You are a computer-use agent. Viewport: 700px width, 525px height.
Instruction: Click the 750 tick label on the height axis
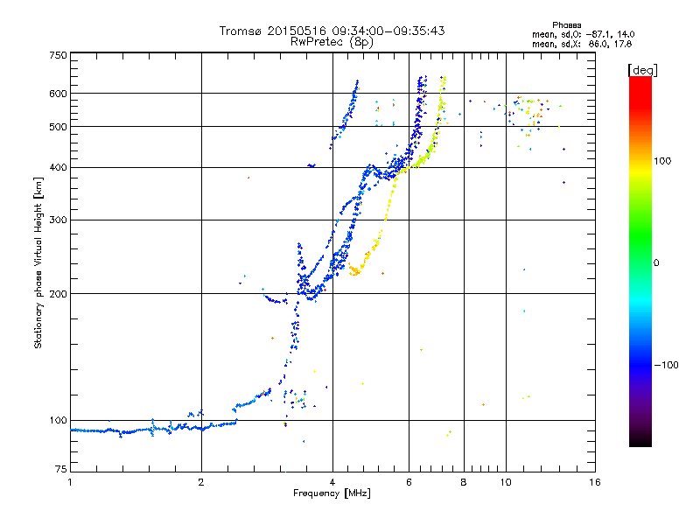click(x=58, y=54)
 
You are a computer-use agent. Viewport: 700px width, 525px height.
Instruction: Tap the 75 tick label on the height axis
click(x=60, y=472)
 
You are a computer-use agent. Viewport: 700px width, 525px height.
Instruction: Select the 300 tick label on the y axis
click(x=58, y=220)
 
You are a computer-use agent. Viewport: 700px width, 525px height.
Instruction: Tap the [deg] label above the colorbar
click(x=642, y=69)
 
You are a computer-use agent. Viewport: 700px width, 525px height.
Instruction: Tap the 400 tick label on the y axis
click(x=58, y=167)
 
